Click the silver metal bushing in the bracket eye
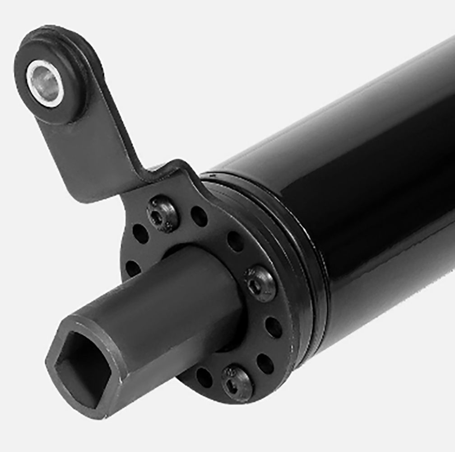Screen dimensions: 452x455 [44, 83]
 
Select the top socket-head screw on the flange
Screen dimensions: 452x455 [163, 214]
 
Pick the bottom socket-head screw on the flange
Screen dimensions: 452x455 [237, 382]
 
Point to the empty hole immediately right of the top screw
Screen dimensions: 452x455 [199, 216]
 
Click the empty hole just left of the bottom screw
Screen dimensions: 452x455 [204, 377]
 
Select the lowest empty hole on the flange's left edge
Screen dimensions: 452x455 [132, 268]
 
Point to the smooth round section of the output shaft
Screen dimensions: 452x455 [181, 294]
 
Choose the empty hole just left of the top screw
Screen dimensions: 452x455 [140, 234]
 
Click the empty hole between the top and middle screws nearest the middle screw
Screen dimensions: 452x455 [235, 241]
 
